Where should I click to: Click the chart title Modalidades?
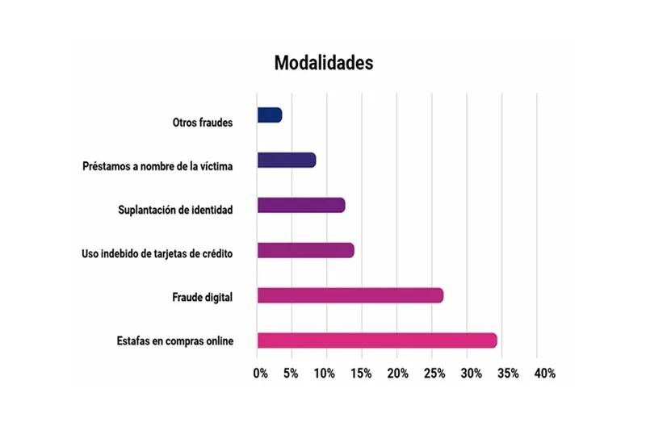tap(323, 63)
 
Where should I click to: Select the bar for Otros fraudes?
tap(270, 115)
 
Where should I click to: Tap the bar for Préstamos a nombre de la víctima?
tap(287, 160)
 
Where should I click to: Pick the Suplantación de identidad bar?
tap(301, 205)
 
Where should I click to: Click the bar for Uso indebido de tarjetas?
tap(305, 250)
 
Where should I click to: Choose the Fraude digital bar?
tap(350, 295)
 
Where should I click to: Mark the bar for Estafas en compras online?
tap(377, 340)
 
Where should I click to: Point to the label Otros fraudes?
tap(203, 123)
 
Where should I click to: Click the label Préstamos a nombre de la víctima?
tap(157, 167)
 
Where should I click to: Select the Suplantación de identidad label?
tap(175, 211)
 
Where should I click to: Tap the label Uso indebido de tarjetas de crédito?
tap(157, 254)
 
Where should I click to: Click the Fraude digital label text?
tap(202, 298)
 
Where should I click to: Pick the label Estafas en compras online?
tap(175, 341)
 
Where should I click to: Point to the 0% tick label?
tap(260, 374)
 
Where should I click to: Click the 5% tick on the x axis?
tap(291, 374)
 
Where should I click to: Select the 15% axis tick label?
tap(361, 374)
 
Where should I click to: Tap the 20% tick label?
tap(397, 374)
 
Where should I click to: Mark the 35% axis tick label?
tap(507, 374)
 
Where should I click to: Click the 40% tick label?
tap(544, 374)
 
